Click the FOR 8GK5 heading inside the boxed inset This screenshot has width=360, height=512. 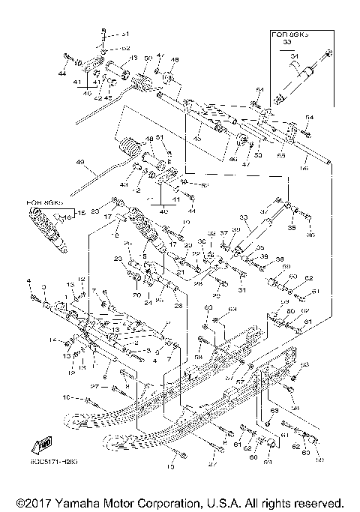pyautogui.click(x=289, y=34)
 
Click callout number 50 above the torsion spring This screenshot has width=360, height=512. pyautogui.click(x=148, y=58)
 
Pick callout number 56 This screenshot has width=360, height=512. pyautogui.click(x=304, y=170)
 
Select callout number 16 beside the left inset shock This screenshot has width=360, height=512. pyautogui.click(x=67, y=217)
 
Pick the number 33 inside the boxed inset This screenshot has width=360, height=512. pyautogui.click(x=286, y=43)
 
